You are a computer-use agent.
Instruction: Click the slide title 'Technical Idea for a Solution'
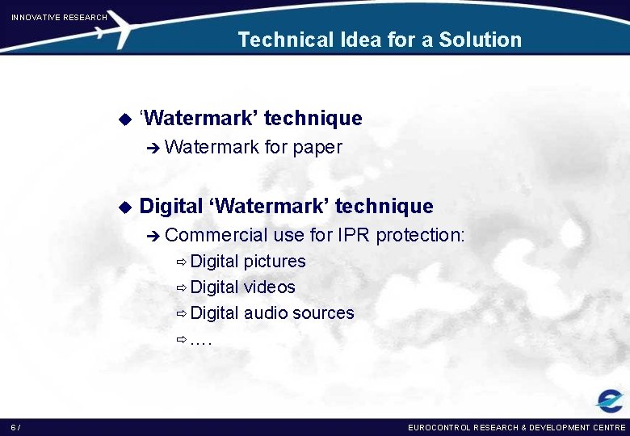coord(380,40)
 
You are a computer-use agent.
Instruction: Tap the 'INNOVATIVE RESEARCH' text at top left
coord(59,17)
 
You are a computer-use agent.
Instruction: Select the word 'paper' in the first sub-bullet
coord(317,148)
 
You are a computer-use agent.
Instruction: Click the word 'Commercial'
coord(216,235)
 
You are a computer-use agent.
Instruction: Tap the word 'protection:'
coord(421,235)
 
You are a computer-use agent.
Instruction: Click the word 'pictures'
coord(275,262)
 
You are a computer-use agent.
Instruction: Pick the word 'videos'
coord(270,287)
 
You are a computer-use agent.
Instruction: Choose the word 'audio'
coord(265,313)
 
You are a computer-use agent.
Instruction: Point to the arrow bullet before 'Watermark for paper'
coord(153,148)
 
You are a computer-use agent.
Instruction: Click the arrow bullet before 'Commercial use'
coord(153,236)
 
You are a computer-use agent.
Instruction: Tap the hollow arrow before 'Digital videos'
coord(182,288)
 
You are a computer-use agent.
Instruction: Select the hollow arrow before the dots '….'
coord(182,340)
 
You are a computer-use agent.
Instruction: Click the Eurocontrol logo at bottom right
coord(609,400)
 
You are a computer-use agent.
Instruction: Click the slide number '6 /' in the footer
coord(16,427)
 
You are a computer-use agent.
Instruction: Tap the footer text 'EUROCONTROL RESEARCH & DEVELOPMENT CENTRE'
coord(517,427)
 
